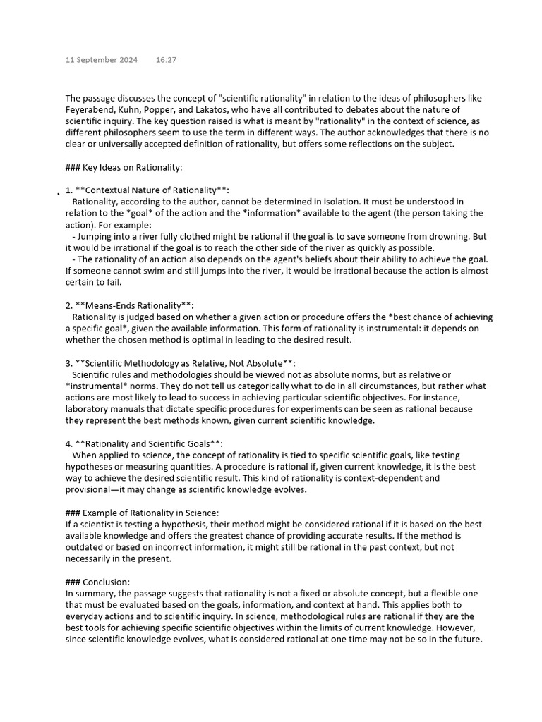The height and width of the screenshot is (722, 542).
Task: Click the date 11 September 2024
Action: coord(102,60)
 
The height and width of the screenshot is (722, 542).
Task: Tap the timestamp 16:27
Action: coord(167,60)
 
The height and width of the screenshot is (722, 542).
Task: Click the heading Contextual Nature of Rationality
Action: coord(152,190)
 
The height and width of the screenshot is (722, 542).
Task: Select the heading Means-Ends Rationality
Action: coord(133,305)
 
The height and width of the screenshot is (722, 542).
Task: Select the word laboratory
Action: coord(90,409)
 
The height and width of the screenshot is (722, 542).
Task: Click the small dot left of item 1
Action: coord(59,192)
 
